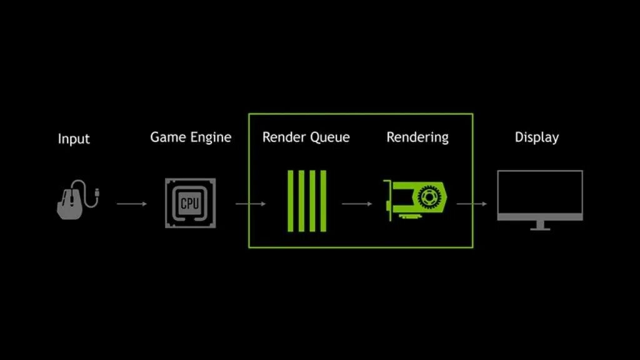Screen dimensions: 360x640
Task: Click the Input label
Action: click(x=74, y=138)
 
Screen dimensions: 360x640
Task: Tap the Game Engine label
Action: click(x=191, y=137)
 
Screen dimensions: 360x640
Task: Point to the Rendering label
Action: click(x=417, y=137)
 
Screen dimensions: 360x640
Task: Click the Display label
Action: click(x=537, y=137)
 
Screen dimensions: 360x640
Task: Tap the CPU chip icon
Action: click(x=189, y=202)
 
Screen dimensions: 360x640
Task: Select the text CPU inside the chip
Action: click(x=189, y=203)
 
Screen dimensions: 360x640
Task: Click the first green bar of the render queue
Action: click(x=290, y=201)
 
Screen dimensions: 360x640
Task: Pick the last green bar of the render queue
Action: click(x=322, y=201)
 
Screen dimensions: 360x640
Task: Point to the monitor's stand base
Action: click(x=540, y=228)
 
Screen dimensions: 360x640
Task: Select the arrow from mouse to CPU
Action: click(x=131, y=203)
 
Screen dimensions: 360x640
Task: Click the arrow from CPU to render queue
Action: click(x=250, y=203)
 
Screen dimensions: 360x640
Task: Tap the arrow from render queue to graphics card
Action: click(x=357, y=203)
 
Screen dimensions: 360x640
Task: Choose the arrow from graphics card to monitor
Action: click(x=472, y=203)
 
